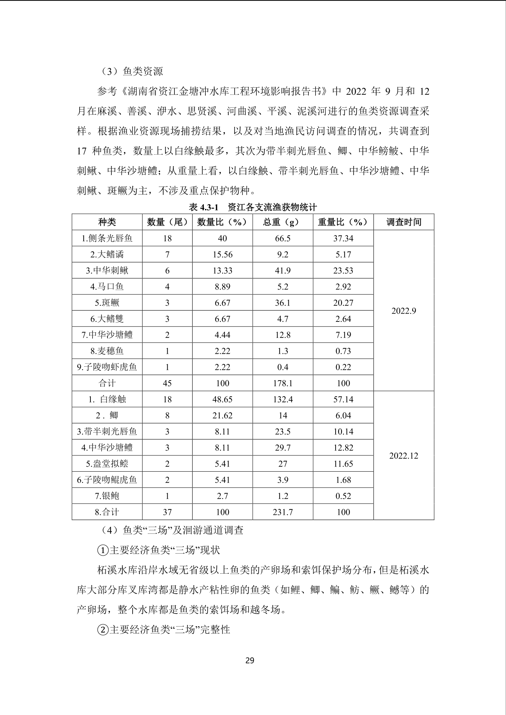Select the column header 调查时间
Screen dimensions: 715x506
pyautogui.click(x=404, y=222)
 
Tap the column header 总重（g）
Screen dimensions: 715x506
pyautogui.click(x=283, y=222)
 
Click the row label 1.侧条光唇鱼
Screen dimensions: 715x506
pyautogui.click(x=107, y=238)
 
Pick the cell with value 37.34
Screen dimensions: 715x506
pyautogui.click(x=343, y=238)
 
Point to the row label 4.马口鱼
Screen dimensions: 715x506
pyautogui.click(x=107, y=286)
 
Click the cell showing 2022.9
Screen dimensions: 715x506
pyautogui.click(x=404, y=311)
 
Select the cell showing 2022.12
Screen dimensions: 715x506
pyautogui.click(x=404, y=456)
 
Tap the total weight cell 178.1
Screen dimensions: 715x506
pyautogui.click(x=283, y=383)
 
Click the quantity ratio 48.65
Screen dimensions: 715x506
pyautogui.click(x=222, y=399)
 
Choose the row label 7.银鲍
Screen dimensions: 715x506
pyautogui.click(x=107, y=496)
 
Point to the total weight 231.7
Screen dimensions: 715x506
pyautogui.click(x=283, y=512)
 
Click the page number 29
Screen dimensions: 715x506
pyautogui.click(x=250, y=661)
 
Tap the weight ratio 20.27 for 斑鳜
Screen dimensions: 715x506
pyautogui.click(x=343, y=302)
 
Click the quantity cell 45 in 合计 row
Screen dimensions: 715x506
pyautogui.click(x=167, y=383)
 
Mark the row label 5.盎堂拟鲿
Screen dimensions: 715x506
pyautogui.click(x=107, y=464)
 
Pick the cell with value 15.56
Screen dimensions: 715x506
pyautogui.click(x=222, y=254)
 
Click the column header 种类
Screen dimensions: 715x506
pyautogui.click(x=107, y=222)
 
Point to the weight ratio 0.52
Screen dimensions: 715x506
pyautogui.click(x=343, y=496)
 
